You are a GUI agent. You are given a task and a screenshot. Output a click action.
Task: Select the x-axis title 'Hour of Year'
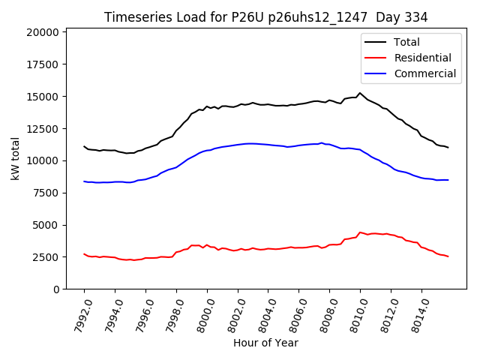coord(265,343)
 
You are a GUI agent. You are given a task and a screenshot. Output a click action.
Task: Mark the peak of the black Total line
coord(360,93)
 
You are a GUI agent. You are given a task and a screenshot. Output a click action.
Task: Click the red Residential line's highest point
coord(361,232)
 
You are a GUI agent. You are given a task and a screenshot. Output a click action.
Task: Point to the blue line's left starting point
coord(84,181)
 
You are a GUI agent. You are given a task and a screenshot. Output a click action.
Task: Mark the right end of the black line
coord(448,148)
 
